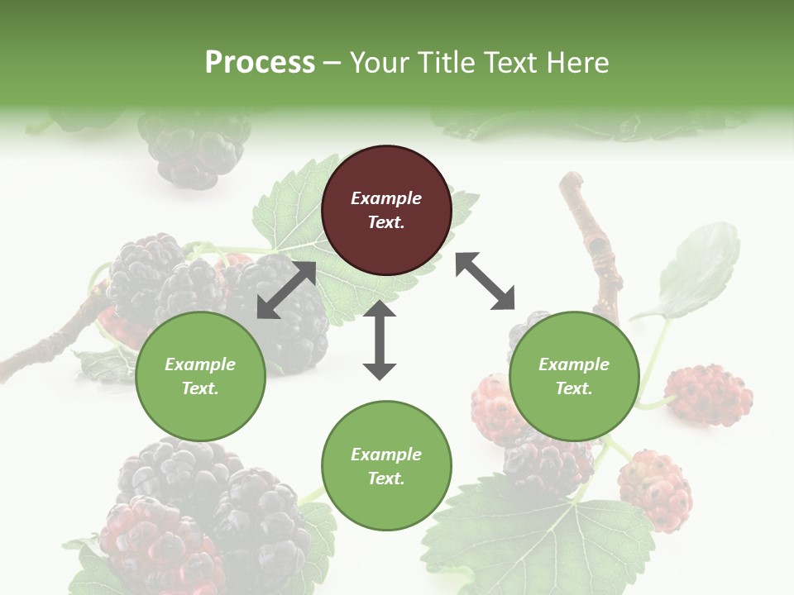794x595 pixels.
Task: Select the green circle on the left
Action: pyautogui.click(x=200, y=376)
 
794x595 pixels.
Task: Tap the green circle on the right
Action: pyautogui.click(x=574, y=376)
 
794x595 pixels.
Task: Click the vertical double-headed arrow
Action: pyautogui.click(x=380, y=340)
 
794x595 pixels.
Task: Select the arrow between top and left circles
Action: pyautogui.click(x=286, y=290)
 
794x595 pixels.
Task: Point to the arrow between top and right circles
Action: pyautogui.click(x=485, y=281)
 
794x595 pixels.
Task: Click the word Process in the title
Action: pyautogui.click(x=260, y=62)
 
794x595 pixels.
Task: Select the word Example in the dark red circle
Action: pyautogui.click(x=386, y=198)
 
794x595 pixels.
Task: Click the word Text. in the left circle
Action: pyautogui.click(x=200, y=388)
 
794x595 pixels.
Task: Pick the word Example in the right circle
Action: pyautogui.click(x=574, y=364)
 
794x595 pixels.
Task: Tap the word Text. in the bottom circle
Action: pyautogui.click(x=386, y=478)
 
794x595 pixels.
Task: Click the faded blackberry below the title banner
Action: pyautogui.click(x=194, y=149)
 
